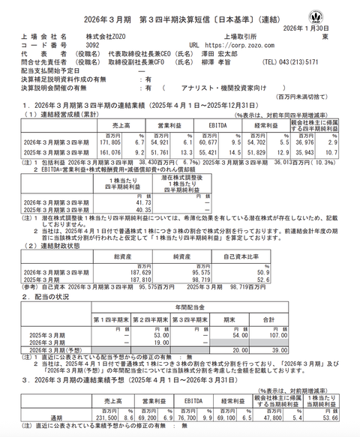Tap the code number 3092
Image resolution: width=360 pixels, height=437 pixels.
point(89,45)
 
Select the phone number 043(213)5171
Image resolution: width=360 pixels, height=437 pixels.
point(321,63)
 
